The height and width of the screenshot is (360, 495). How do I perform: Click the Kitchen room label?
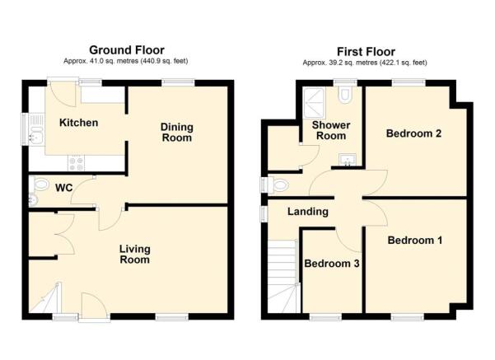(x=78, y=123)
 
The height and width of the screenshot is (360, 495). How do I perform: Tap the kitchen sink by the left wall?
(x=35, y=130)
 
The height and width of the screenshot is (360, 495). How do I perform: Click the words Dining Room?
(x=176, y=132)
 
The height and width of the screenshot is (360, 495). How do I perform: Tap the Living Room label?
(x=133, y=254)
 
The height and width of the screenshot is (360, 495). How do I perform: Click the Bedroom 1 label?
(x=415, y=241)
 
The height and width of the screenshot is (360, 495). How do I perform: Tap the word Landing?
(x=307, y=212)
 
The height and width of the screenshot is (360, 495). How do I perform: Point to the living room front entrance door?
(x=93, y=306)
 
